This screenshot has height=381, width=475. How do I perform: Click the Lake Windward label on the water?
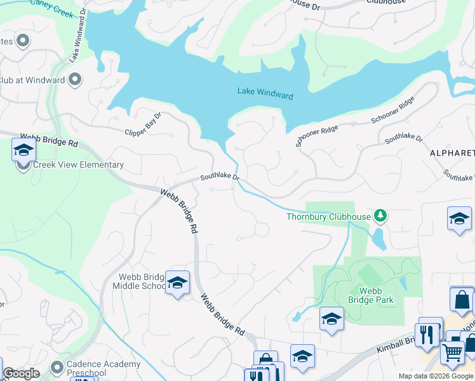pos(265,93)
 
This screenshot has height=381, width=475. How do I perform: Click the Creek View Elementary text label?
pos(70,165)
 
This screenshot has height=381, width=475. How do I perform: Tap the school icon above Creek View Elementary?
pos(23,150)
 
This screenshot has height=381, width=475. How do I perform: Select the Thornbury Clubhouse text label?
pos(328,217)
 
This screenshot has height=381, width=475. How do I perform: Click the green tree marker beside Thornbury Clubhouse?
pos(380,217)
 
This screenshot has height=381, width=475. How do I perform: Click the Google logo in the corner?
pos(21,373)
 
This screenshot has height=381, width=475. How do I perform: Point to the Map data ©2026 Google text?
pos(436,376)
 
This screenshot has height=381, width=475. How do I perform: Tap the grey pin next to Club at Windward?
pos(75,80)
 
